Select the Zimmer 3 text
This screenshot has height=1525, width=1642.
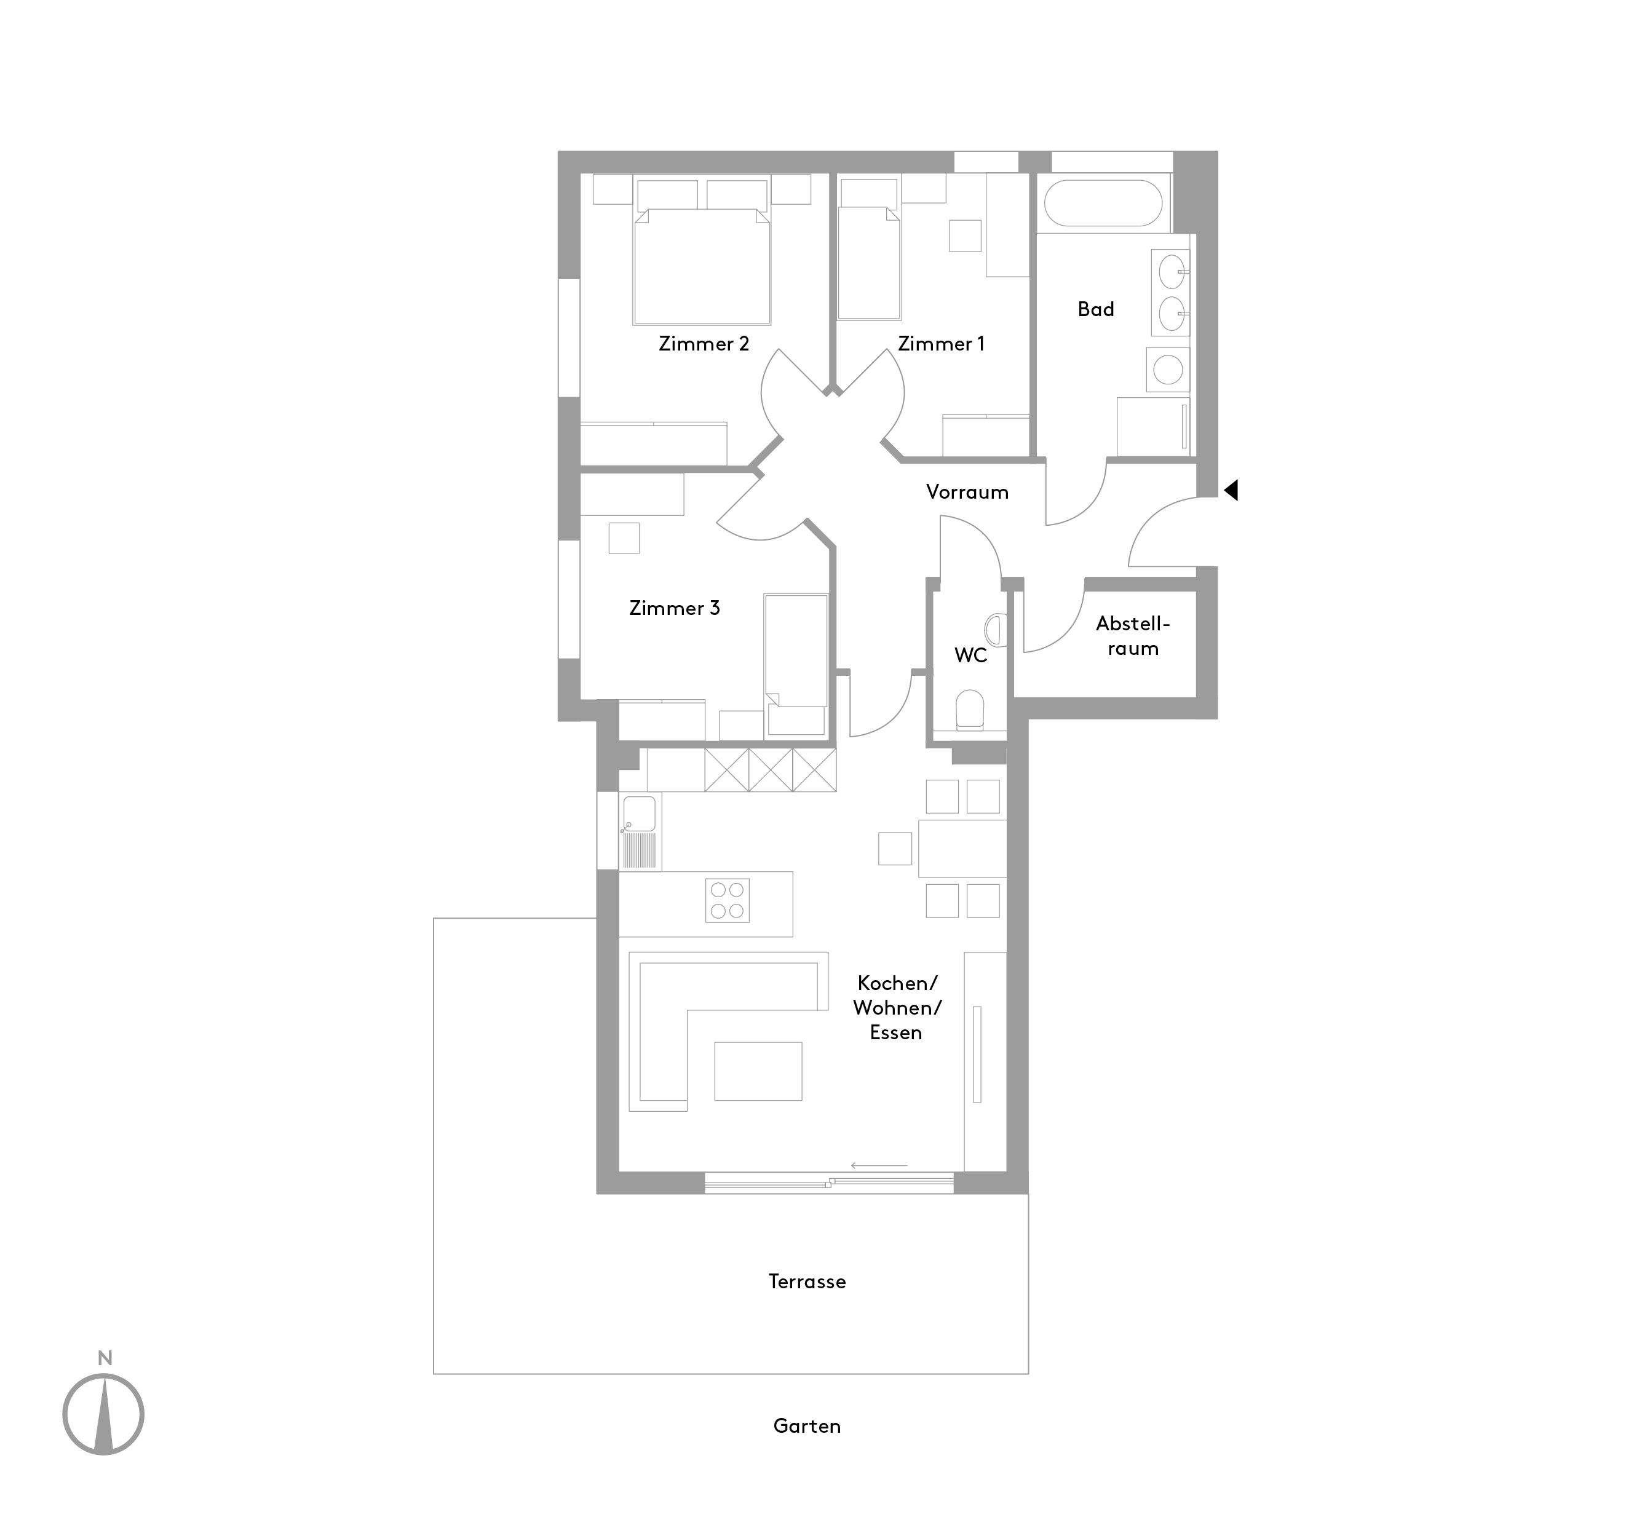(674, 608)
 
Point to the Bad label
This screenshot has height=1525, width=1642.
(1096, 309)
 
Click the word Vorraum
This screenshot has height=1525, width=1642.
(967, 493)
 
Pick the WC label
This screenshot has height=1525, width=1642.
(970, 656)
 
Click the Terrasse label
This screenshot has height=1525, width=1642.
(807, 1281)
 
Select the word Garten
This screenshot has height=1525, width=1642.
(807, 1426)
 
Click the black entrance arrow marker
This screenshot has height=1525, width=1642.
(1231, 491)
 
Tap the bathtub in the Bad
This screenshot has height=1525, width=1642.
(1103, 203)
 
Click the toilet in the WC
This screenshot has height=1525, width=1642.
(970, 710)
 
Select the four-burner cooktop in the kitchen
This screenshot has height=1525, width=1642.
(727, 900)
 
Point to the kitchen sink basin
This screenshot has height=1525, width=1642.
(640, 814)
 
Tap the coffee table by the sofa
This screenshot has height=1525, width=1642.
(758, 1071)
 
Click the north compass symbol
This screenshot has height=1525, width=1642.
(103, 1414)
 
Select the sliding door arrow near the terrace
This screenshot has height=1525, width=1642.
(879, 1166)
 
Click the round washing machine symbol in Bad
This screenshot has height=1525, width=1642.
(1168, 369)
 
